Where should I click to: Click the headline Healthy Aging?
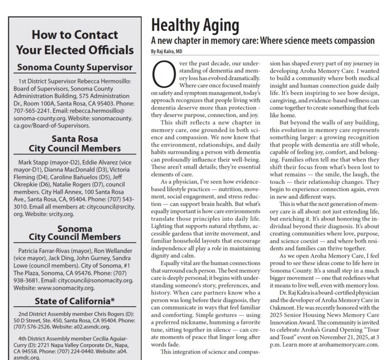pos(195,25)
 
